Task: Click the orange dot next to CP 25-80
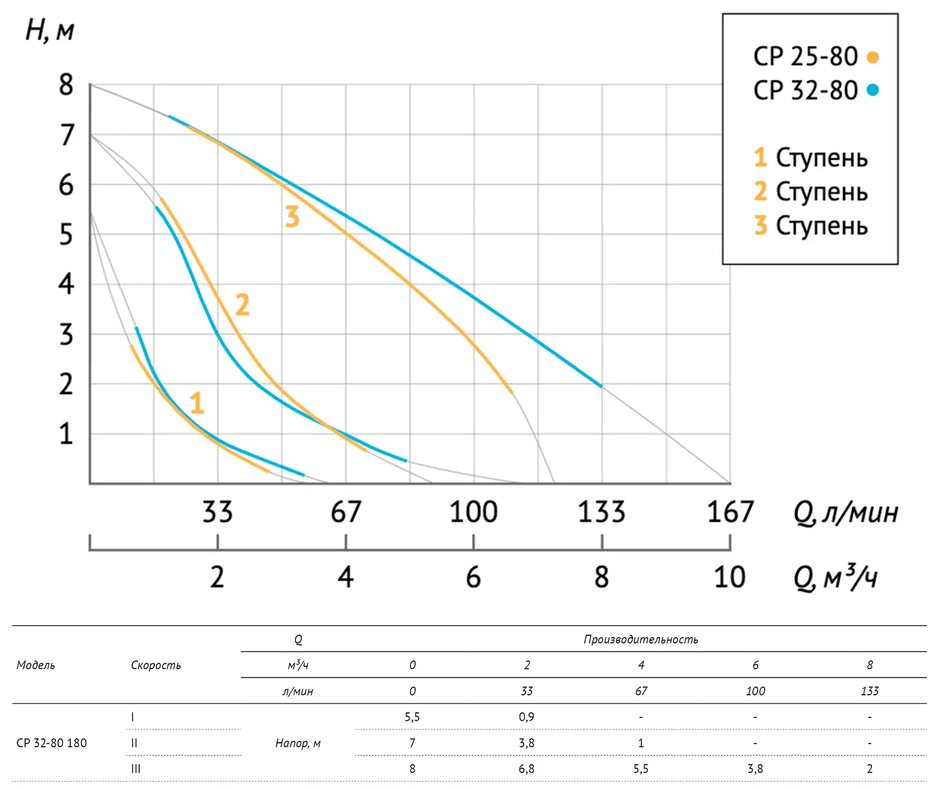pyautogui.click(x=873, y=57)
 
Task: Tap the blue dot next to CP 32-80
pyautogui.click(x=873, y=90)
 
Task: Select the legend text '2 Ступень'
pyautogui.click(x=811, y=191)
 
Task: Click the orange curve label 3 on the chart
pyautogui.click(x=292, y=217)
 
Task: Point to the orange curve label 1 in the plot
pyautogui.click(x=197, y=403)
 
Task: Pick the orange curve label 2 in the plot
pyautogui.click(x=243, y=305)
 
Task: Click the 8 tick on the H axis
pyautogui.click(x=66, y=85)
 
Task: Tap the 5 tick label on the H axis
pyautogui.click(x=66, y=235)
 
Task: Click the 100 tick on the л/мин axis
pyautogui.click(x=473, y=512)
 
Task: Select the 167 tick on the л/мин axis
pyautogui.click(x=730, y=512)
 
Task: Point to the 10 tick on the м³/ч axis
pyautogui.click(x=730, y=577)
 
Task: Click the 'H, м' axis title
pyautogui.click(x=50, y=30)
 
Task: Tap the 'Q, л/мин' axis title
pyautogui.click(x=845, y=513)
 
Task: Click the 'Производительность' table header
pyautogui.click(x=641, y=639)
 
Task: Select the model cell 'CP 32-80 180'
pyautogui.click(x=52, y=743)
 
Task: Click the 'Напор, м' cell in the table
pyautogui.click(x=298, y=743)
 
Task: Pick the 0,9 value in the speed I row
pyautogui.click(x=527, y=717)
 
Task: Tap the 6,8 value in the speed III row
pyautogui.click(x=527, y=769)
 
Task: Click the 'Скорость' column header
pyautogui.click(x=156, y=665)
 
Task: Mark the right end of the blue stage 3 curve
pyautogui.click(x=601, y=386)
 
